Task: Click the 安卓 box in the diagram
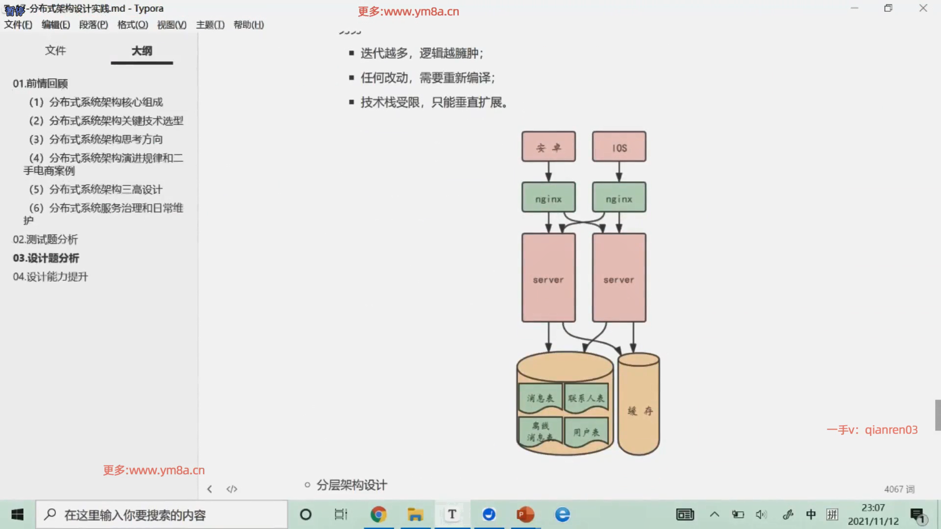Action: pos(548,146)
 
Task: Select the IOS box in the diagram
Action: pos(619,146)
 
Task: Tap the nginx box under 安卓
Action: pos(548,197)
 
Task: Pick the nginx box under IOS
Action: pos(619,197)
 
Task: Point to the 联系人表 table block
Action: pos(586,398)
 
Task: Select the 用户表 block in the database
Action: pos(586,432)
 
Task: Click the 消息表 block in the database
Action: pos(541,398)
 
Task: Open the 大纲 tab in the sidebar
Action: pos(142,50)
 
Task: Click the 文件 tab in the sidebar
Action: pos(55,50)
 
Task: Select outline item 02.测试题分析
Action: pos(46,240)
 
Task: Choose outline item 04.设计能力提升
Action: pos(50,277)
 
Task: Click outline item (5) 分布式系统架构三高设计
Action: pos(96,190)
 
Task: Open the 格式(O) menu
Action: pos(133,25)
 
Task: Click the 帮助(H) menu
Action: pos(248,25)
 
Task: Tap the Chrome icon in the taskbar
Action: pos(378,514)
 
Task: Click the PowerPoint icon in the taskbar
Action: pos(525,514)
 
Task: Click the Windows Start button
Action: pos(18,514)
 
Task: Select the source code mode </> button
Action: pos(232,489)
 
